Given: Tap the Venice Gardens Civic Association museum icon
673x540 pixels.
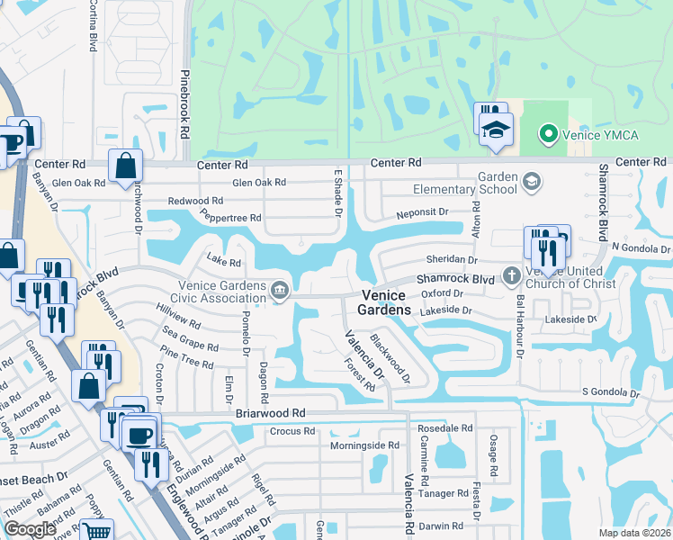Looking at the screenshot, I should click(x=280, y=291).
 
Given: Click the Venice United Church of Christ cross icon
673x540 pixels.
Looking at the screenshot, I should click(x=511, y=275).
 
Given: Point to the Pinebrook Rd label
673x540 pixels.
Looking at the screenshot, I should click(x=184, y=104).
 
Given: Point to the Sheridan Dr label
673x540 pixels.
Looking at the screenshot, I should click(x=453, y=259).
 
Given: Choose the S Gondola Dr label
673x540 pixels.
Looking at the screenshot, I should click(x=610, y=393).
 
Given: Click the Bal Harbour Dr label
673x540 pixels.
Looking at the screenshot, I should click(x=519, y=327).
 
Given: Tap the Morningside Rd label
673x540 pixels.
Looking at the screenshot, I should click(x=363, y=445).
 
